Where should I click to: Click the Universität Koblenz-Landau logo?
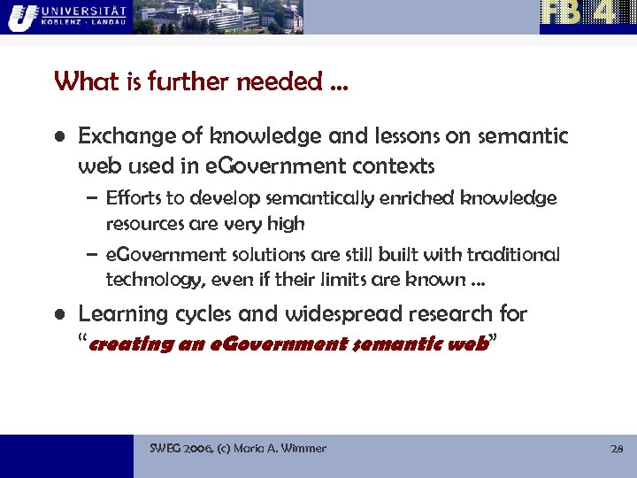click(65, 16)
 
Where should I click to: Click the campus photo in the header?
click(218, 17)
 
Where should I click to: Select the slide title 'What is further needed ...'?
click(201, 82)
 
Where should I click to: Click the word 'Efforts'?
click(132, 197)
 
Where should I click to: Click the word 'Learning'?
click(121, 314)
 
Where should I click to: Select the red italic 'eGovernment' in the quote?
click(266, 343)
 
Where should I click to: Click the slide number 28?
click(617, 449)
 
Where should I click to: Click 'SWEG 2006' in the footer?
click(180, 449)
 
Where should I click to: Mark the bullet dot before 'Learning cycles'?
click(58, 315)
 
